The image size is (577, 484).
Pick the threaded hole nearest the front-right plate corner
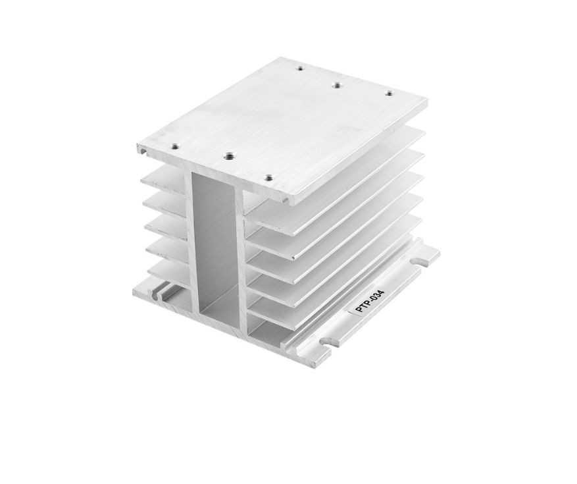pos(270,178)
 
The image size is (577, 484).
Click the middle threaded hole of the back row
pos(336,85)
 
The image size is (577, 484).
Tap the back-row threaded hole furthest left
pos(301,68)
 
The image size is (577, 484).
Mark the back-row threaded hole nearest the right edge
pos(389,94)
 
